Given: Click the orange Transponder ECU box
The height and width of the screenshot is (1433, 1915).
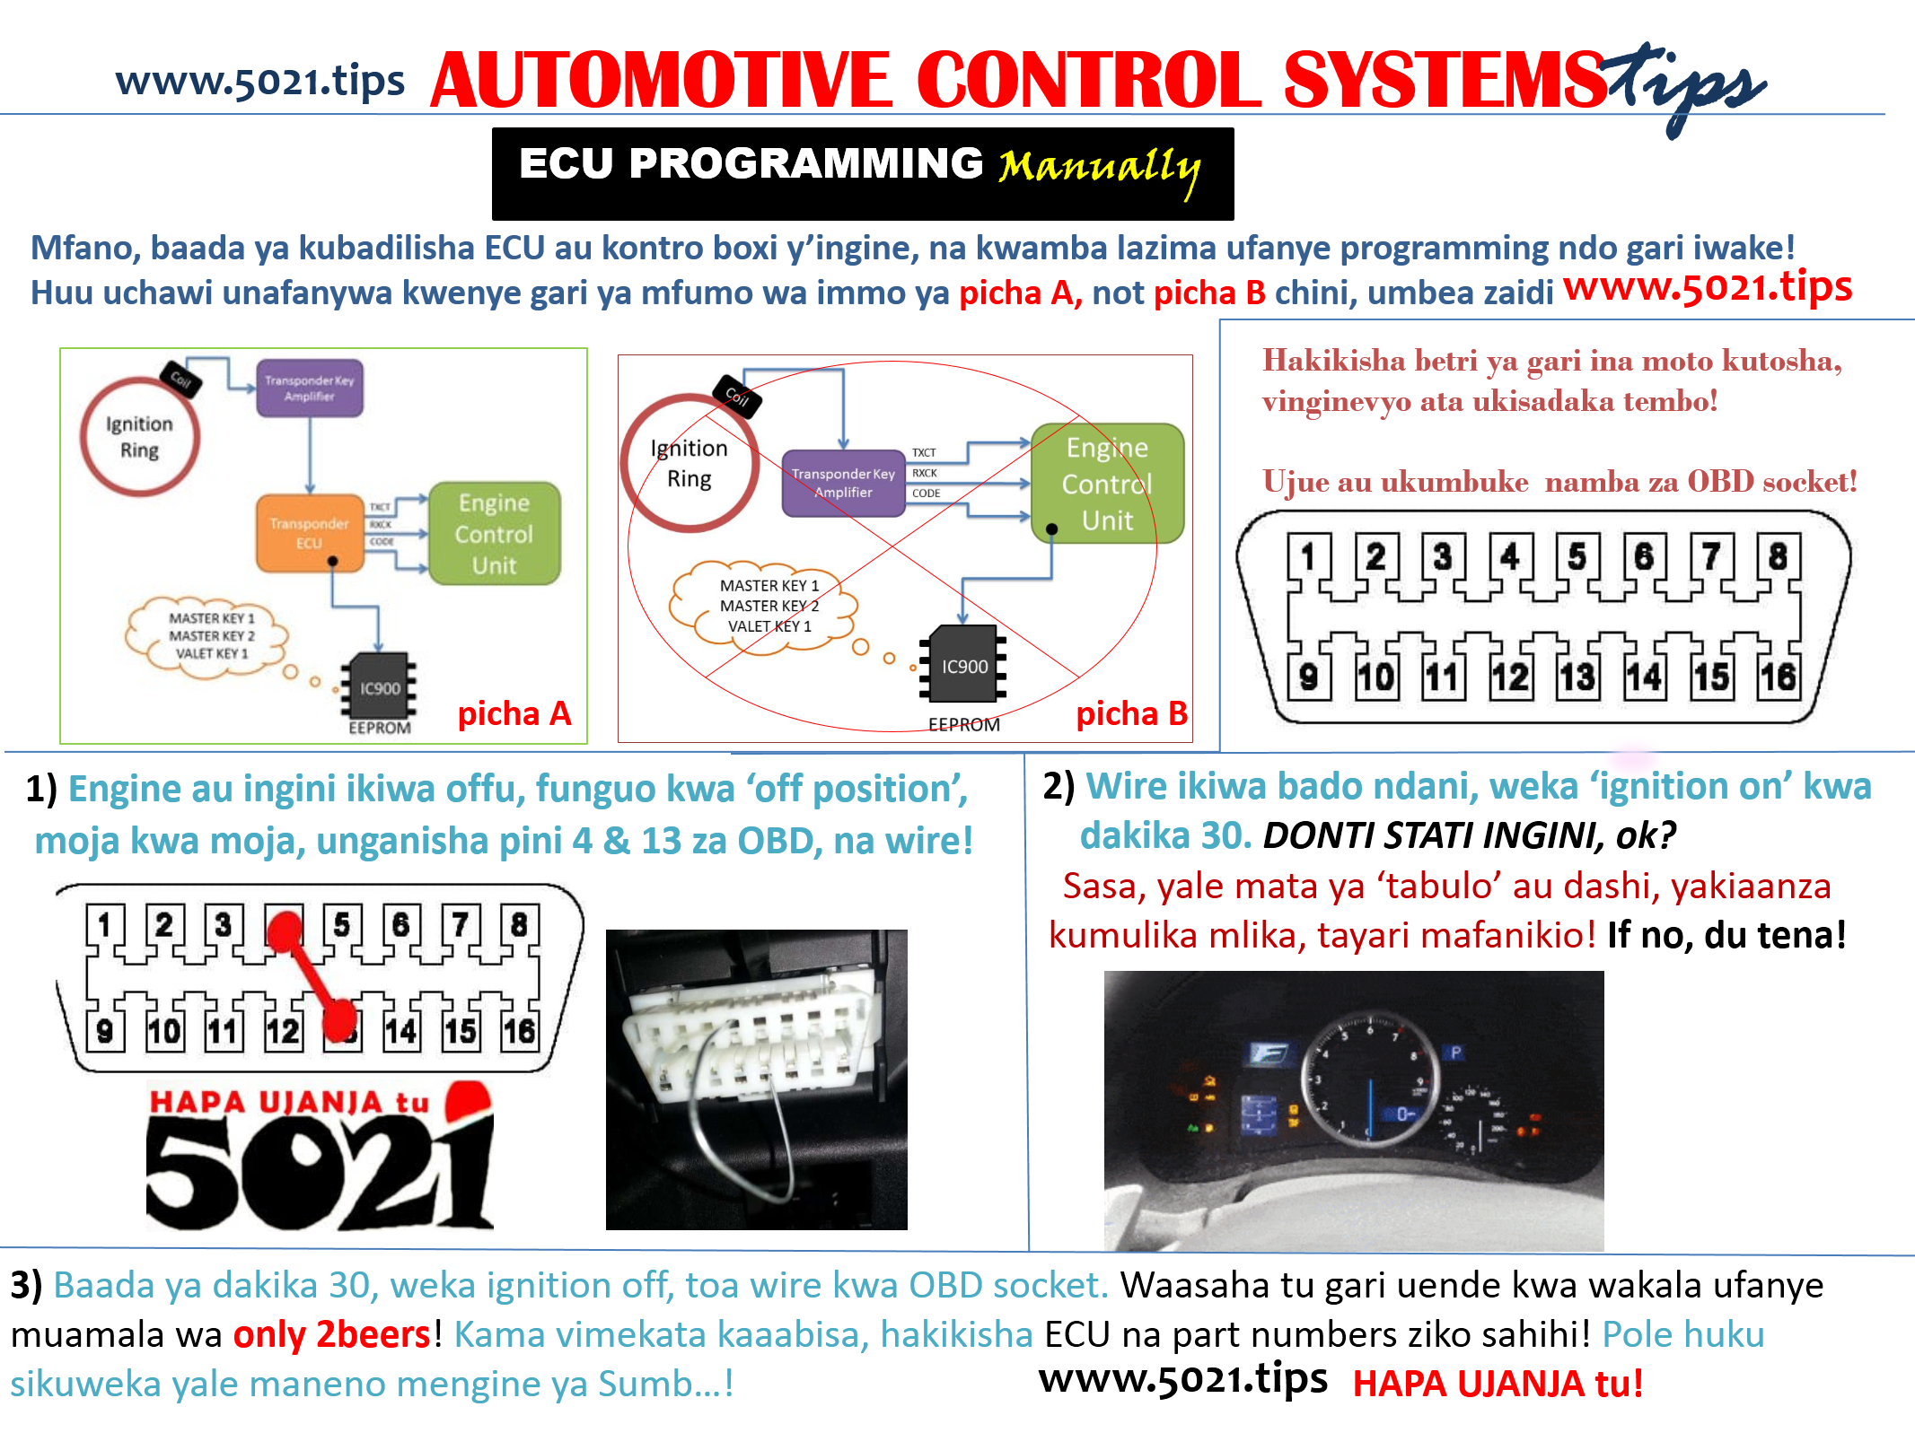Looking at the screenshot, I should (310, 533).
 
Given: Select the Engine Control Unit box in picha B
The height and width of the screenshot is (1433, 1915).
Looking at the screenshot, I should (1107, 484).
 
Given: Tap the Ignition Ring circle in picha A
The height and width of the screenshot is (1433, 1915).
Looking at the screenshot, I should (139, 437).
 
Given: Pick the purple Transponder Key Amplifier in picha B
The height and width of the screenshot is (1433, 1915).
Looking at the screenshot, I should (843, 483).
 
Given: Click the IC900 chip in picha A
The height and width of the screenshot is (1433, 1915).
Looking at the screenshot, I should (379, 687).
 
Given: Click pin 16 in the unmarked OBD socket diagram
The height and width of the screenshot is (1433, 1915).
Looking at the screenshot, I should (1778, 677).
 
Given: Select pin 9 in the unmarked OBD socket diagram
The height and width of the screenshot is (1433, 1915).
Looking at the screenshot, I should (1308, 677).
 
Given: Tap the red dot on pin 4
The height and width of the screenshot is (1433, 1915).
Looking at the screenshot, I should (285, 931).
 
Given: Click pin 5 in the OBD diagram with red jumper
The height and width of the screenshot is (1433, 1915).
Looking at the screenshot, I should (341, 924).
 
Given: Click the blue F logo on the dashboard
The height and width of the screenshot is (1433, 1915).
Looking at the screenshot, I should (1269, 1053).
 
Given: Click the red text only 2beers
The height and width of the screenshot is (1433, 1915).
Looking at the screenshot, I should (332, 1335).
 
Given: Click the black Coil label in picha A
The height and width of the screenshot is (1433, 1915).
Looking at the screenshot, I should (180, 379).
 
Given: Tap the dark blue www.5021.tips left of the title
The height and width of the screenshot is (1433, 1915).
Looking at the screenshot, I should (260, 81).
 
